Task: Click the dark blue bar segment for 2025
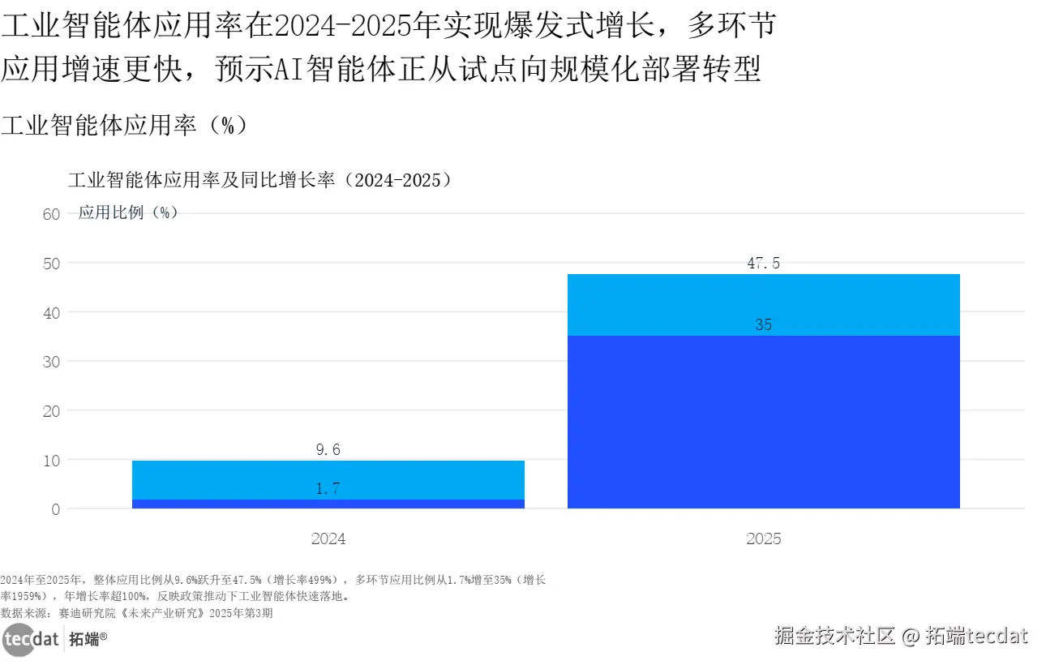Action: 763,422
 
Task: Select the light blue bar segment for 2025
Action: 763,304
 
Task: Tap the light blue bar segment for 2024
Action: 328,479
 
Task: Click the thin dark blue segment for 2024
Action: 328,504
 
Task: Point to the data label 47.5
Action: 763,263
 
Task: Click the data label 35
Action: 763,325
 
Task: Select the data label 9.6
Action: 328,449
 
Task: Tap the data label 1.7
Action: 328,488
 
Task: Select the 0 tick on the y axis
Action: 55,509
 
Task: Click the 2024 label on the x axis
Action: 328,538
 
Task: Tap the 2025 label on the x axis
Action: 763,538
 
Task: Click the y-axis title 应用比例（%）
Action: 128,212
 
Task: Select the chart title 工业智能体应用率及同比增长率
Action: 259,180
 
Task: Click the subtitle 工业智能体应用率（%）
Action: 123,125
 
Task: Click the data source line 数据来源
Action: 136,613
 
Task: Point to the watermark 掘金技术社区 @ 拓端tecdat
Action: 901,635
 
